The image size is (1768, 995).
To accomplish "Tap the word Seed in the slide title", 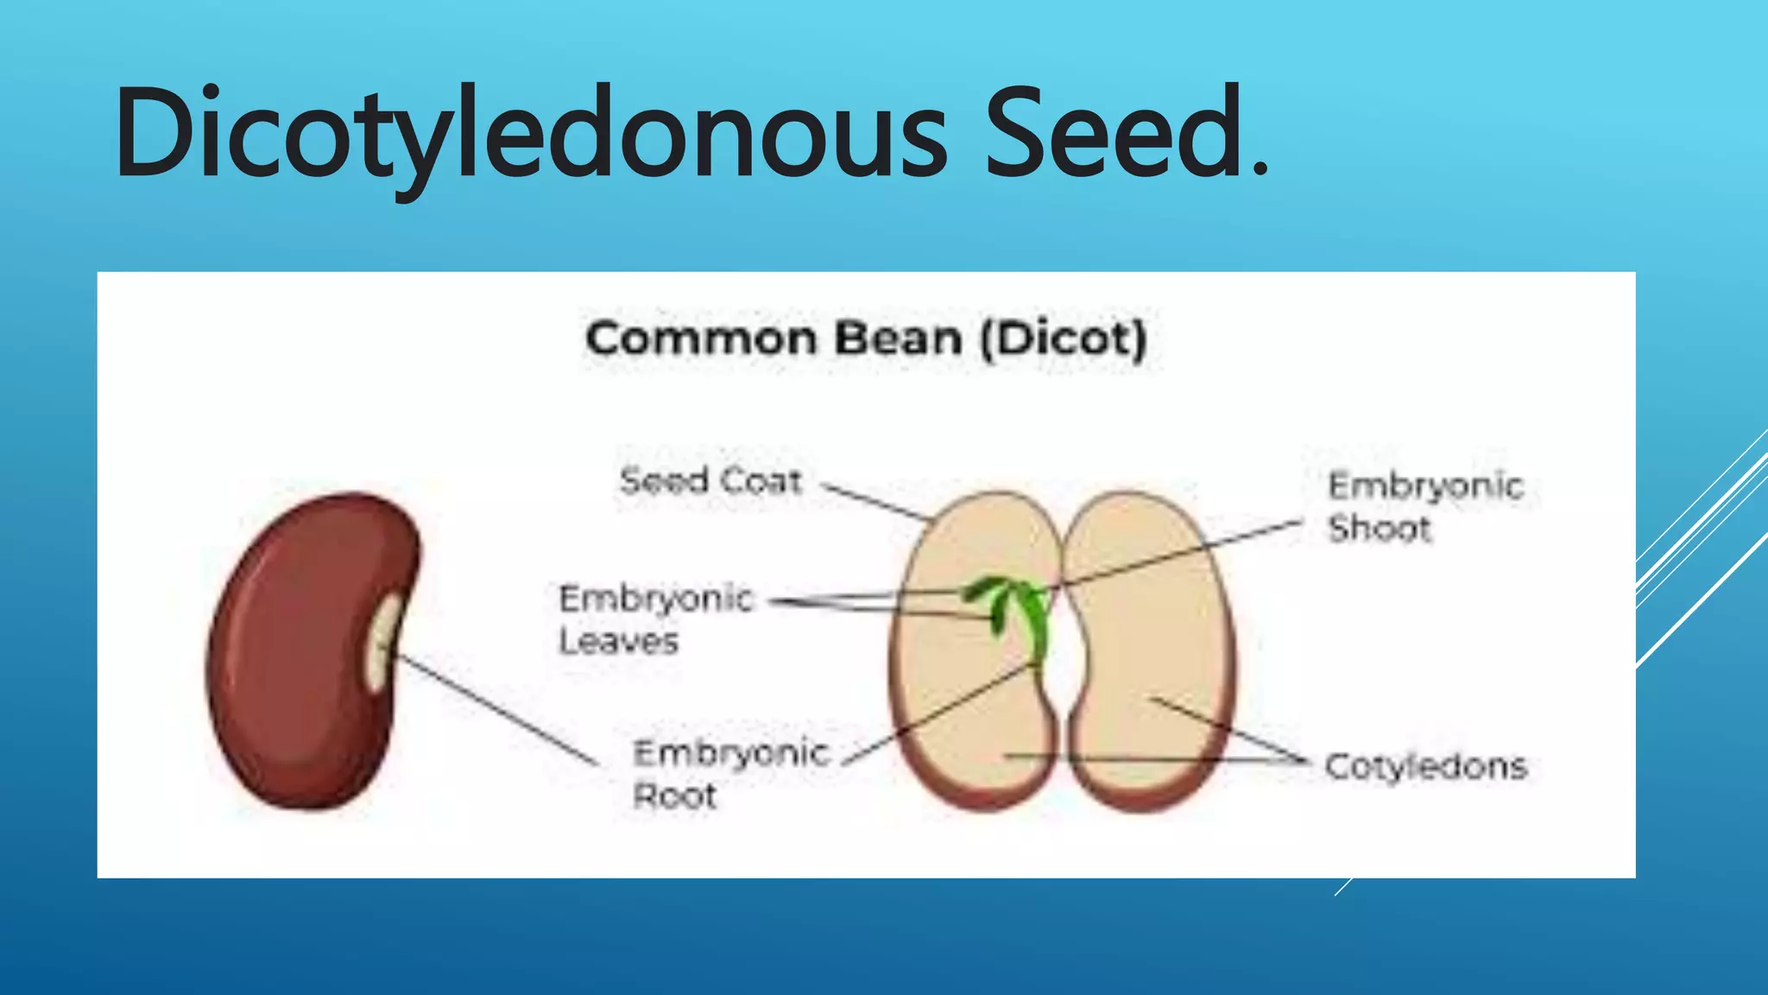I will (1114, 134).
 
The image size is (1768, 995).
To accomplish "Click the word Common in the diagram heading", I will (699, 338).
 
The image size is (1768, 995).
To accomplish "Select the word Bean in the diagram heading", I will (898, 338).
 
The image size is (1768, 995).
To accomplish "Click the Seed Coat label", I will (710, 480).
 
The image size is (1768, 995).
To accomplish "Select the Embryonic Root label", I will (730, 774).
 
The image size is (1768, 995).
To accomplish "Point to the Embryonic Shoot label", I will (1424, 506).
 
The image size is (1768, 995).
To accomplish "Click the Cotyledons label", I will (1426, 766).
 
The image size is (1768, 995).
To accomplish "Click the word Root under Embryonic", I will (675, 795).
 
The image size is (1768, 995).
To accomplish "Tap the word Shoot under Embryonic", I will (1380, 528).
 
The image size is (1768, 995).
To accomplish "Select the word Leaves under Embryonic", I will (618, 641).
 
